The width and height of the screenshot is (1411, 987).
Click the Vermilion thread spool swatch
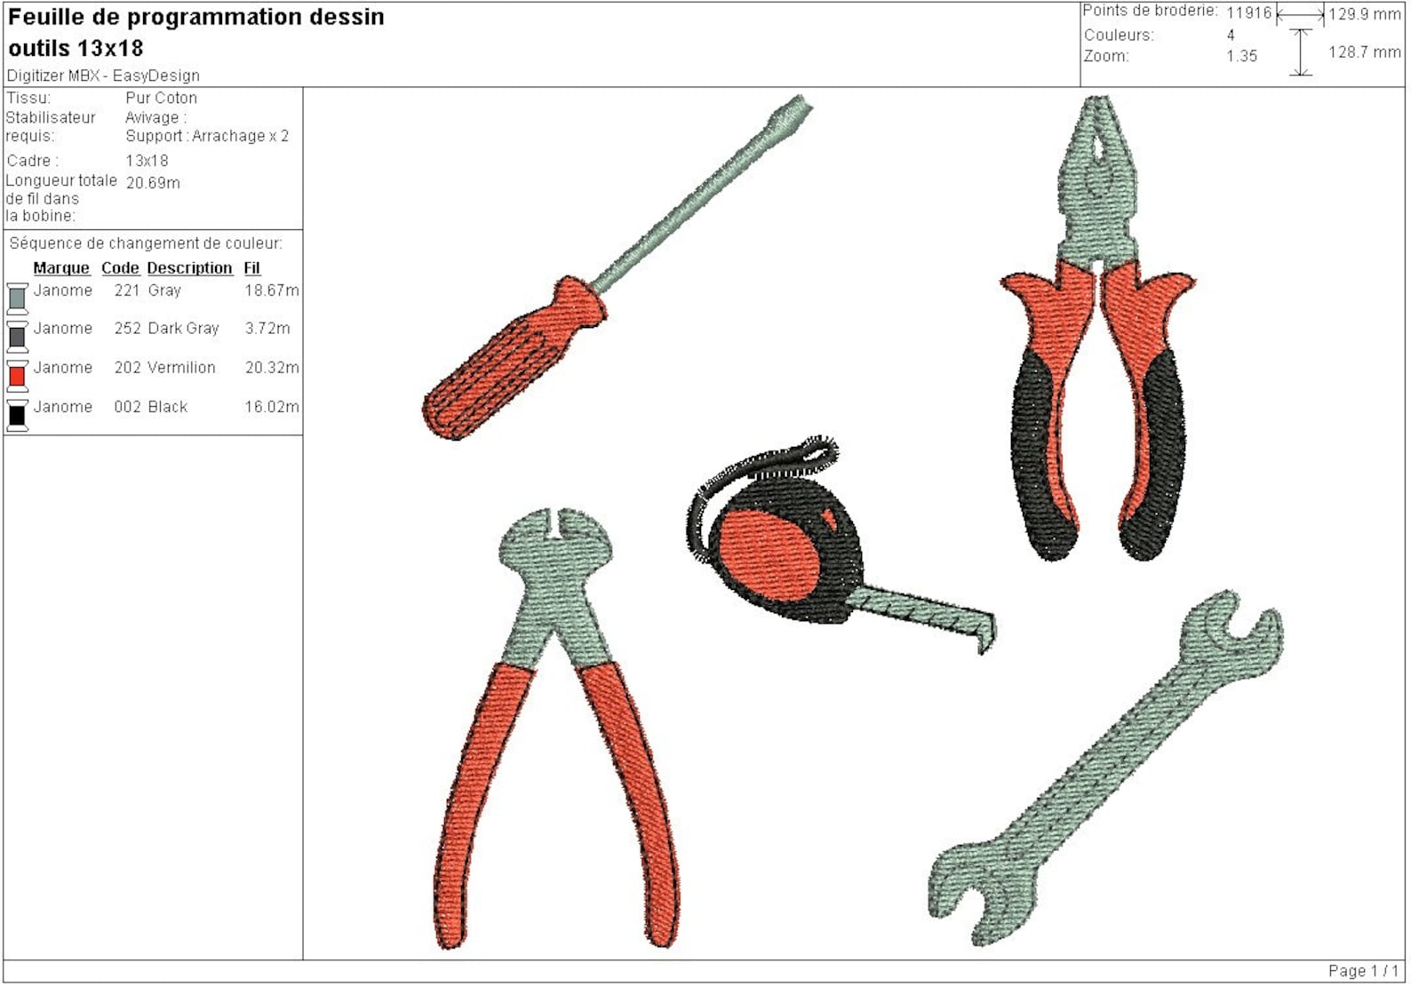click(17, 375)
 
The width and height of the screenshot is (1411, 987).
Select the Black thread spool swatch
click(17, 415)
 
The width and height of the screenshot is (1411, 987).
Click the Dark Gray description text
click(183, 329)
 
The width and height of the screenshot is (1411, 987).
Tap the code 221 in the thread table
click(127, 291)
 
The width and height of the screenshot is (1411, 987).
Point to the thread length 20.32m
click(271, 368)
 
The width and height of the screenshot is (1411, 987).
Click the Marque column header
click(61, 268)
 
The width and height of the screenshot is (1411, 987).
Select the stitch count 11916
click(1248, 12)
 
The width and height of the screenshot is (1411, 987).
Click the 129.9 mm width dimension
click(1364, 14)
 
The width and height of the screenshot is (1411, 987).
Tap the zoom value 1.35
click(1241, 56)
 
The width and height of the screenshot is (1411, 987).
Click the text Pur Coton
click(161, 98)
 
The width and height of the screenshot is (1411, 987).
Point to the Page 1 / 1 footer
click(1363, 971)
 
